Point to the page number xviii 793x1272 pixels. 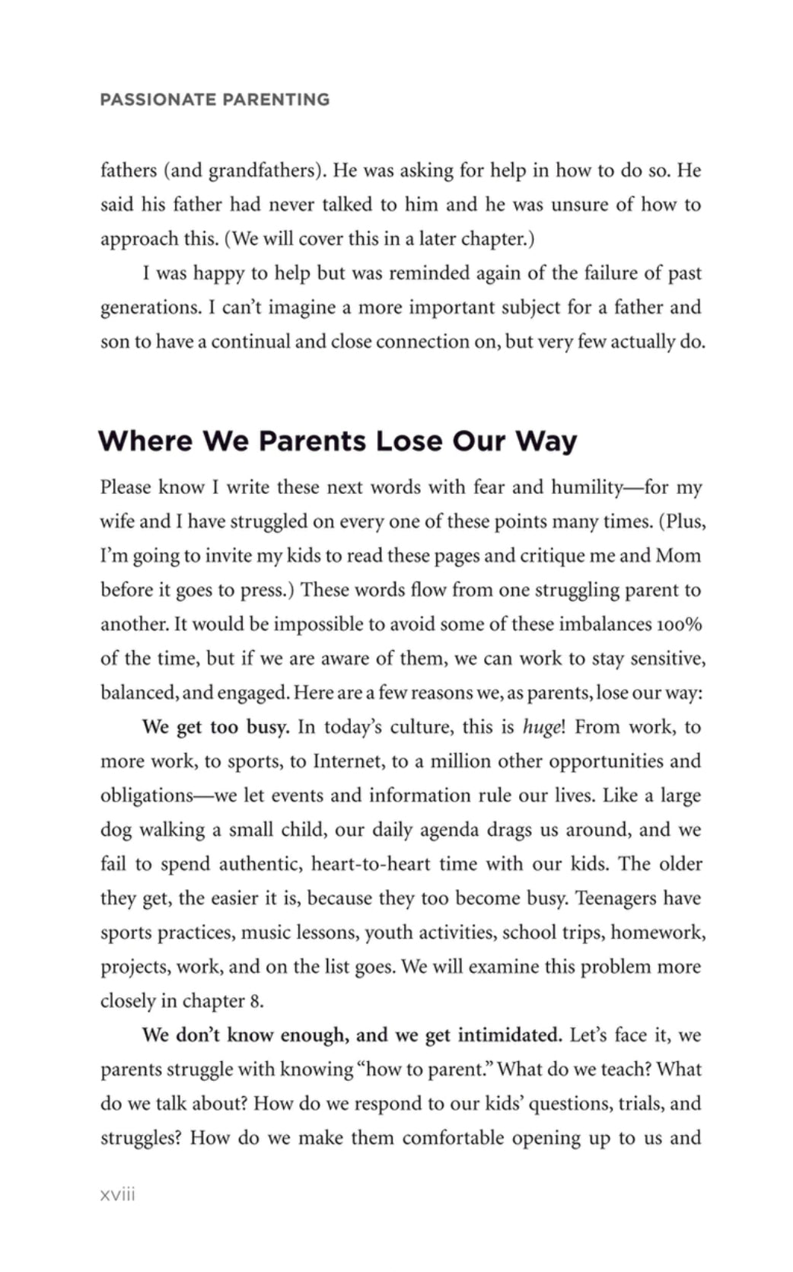click(x=117, y=1194)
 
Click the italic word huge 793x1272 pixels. click(x=541, y=727)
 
